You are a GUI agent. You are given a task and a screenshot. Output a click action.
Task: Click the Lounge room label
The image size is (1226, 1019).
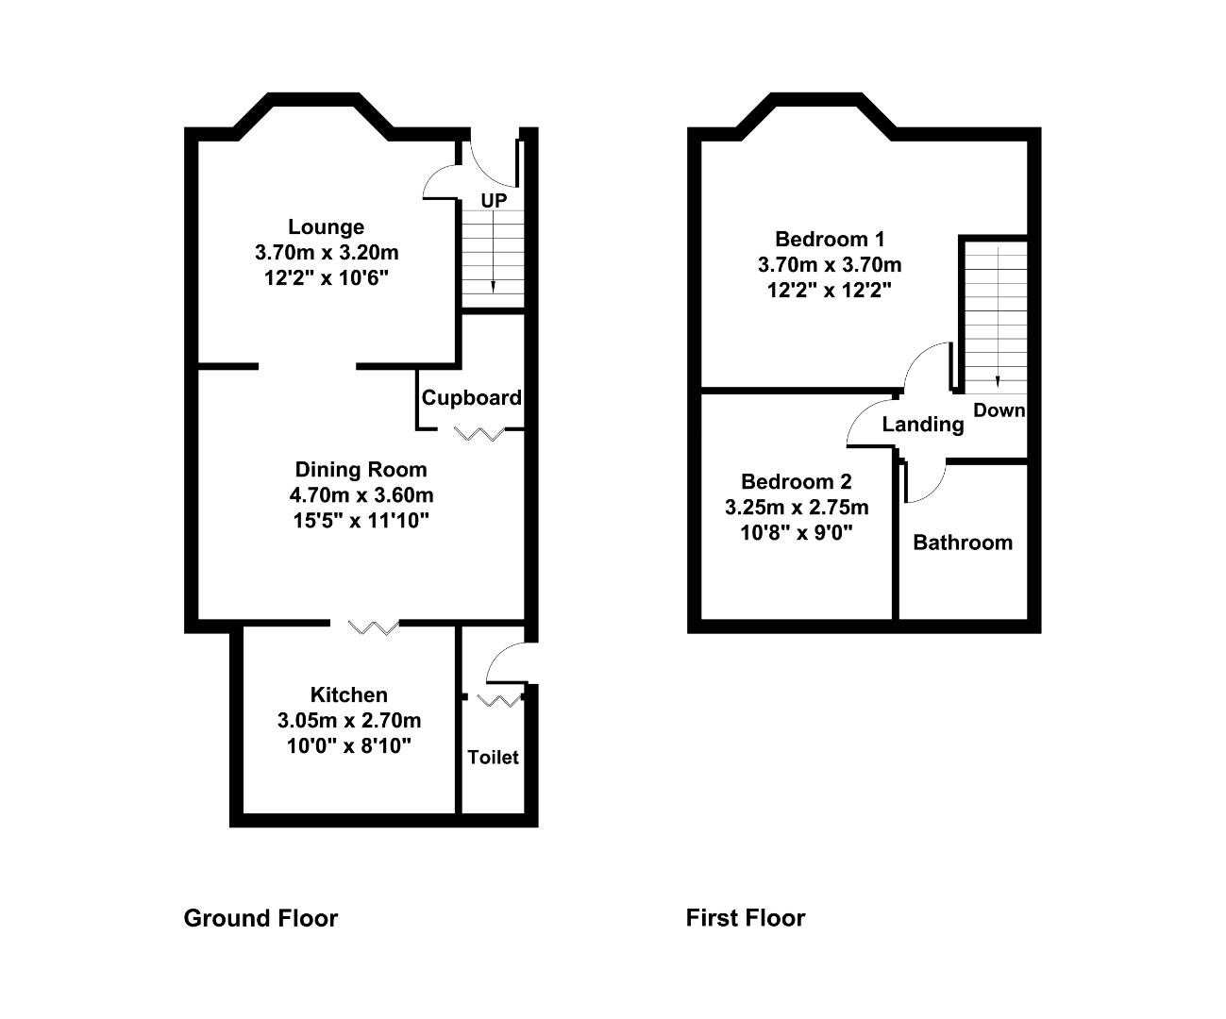[x=326, y=227]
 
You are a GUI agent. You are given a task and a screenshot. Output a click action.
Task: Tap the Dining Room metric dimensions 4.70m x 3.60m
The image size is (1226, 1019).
[x=361, y=494]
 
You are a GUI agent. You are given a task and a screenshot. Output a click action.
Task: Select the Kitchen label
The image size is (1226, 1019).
[x=349, y=695]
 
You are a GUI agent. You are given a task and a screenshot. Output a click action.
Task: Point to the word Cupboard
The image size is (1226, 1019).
[x=472, y=398]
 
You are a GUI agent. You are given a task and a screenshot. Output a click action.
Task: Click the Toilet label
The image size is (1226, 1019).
[x=494, y=758]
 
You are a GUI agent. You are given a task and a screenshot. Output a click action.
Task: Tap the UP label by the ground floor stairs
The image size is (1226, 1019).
[x=494, y=201]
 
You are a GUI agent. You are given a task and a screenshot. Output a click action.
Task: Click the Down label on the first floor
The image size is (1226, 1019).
[x=999, y=410]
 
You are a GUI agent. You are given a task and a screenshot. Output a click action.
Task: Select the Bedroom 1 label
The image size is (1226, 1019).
[x=830, y=239]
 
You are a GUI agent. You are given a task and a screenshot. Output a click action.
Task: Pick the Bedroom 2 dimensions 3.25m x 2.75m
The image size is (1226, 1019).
[x=797, y=508]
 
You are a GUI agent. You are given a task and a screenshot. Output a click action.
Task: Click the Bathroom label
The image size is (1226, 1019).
[x=963, y=543]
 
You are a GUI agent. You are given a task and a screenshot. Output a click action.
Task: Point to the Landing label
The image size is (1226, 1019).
[x=923, y=425]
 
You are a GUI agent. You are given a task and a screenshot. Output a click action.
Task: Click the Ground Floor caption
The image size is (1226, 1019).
[x=260, y=918]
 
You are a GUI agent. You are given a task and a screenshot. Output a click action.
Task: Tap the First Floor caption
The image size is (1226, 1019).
[x=746, y=918]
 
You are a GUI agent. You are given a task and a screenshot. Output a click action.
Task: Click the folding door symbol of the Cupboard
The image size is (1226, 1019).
[x=479, y=434]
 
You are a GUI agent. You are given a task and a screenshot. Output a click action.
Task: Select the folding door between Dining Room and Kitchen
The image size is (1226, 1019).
[x=374, y=627]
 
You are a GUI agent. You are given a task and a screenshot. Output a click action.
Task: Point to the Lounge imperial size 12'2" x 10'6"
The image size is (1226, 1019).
[x=327, y=277]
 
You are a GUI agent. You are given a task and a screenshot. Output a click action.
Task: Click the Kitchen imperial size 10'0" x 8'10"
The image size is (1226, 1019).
[x=349, y=746]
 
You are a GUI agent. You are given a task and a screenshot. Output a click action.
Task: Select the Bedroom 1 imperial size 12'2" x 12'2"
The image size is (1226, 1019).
[x=830, y=290]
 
